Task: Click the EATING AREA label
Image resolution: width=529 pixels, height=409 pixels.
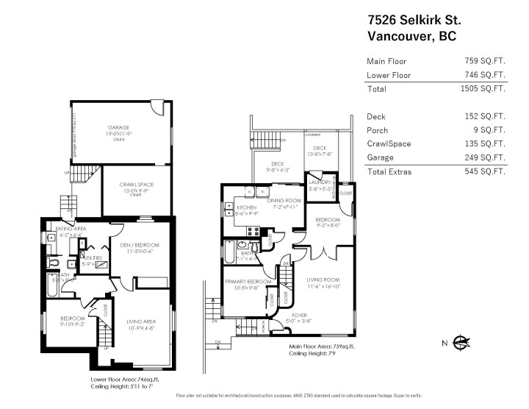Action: pos(56,229)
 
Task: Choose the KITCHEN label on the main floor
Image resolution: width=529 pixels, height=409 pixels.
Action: pos(245,208)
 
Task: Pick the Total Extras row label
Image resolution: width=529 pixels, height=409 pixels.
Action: pos(390,171)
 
